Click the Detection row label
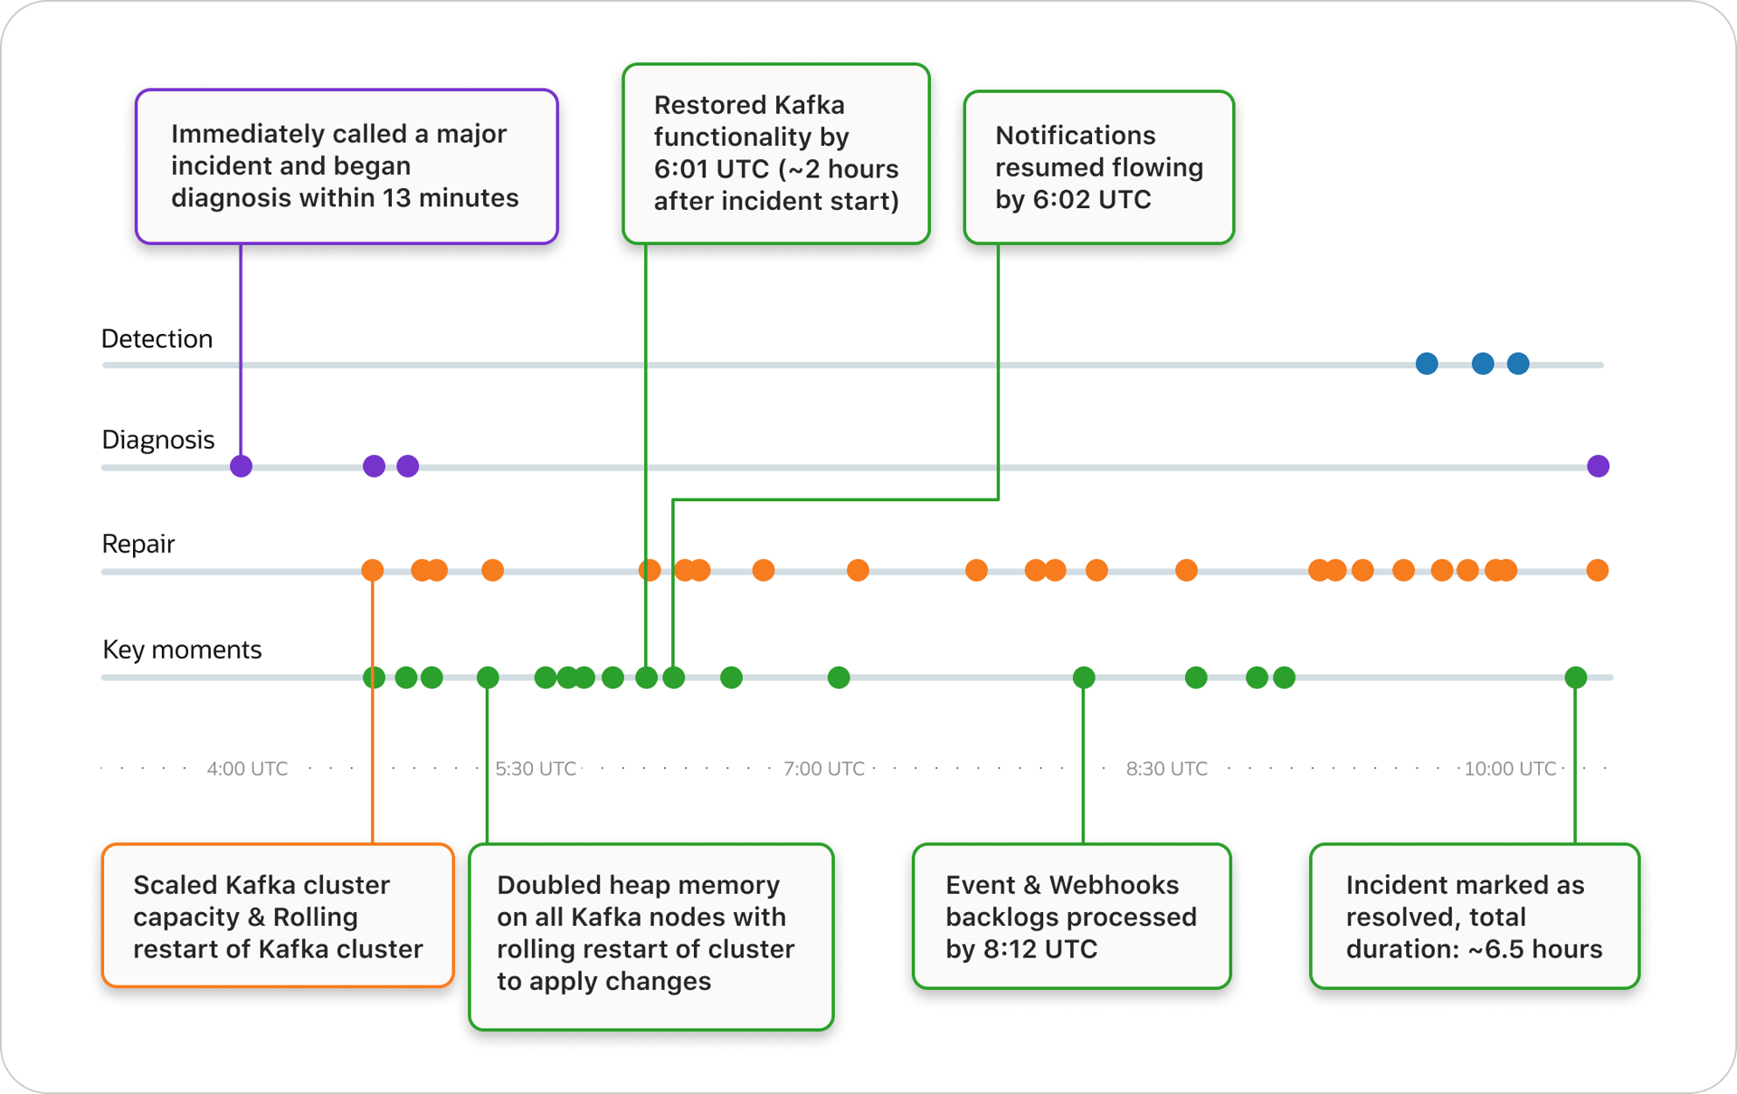click(157, 338)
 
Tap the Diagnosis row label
click(157, 440)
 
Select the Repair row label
click(138, 544)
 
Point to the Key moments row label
click(182, 650)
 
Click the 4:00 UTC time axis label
click(247, 769)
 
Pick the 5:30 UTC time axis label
click(536, 769)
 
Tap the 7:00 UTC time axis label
click(823, 769)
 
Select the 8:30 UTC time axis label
click(1166, 769)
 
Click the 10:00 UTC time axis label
click(1510, 769)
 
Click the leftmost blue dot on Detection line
click(1427, 364)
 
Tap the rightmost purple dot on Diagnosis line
click(1598, 466)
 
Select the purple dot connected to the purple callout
click(241, 466)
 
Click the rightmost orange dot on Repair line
click(1597, 570)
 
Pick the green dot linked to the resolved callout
click(1575, 677)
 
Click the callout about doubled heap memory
click(650, 936)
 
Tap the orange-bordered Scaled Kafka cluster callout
click(278, 916)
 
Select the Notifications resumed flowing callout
click(1098, 167)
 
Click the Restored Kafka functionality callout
click(775, 154)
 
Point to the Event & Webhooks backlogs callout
click(1071, 916)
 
